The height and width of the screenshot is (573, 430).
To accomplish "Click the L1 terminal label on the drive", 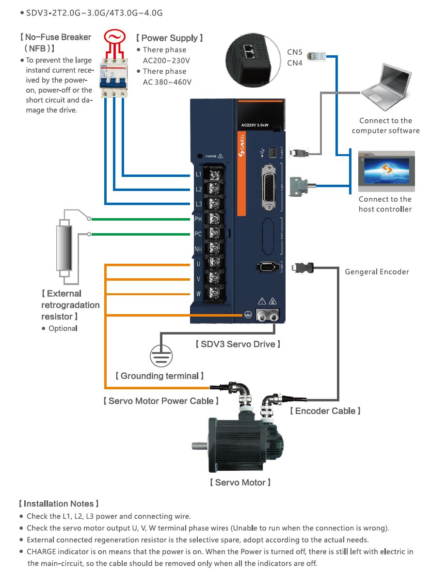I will click(198, 174).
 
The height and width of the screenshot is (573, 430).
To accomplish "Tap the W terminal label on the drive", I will click(198, 294).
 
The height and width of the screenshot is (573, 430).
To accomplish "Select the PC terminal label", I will click(198, 234).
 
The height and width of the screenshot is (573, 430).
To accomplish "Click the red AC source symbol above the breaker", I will click(114, 37).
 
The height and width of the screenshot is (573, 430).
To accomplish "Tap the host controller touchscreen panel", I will click(386, 172).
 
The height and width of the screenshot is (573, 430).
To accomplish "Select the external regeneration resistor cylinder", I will click(64, 248).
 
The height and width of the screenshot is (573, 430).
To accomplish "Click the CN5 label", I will click(295, 52).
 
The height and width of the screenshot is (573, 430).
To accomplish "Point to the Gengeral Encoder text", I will click(377, 271).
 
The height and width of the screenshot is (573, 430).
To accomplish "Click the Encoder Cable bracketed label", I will click(325, 411).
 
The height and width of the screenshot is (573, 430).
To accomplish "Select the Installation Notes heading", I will click(59, 504).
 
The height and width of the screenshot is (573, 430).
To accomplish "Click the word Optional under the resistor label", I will click(63, 328).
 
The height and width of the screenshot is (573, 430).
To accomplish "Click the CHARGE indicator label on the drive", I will click(211, 156).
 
